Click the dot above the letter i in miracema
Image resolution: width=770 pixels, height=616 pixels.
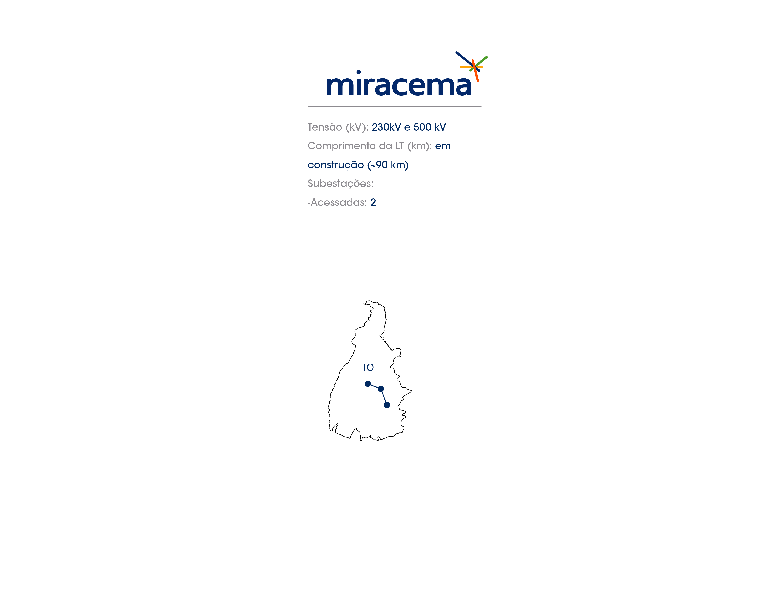click(359, 72)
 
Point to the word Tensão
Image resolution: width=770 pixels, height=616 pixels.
click(325, 127)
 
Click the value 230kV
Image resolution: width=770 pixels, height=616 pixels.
click(386, 127)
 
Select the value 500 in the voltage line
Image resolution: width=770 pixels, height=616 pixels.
click(422, 127)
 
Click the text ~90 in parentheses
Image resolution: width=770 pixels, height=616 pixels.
click(379, 165)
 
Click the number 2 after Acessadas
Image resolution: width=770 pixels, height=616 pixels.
click(373, 202)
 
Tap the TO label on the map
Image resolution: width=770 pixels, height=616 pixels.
click(367, 367)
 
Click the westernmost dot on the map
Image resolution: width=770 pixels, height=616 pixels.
click(368, 384)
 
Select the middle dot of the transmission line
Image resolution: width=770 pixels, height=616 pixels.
click(381, 389)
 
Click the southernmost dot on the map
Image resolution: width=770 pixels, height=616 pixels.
click(387, 405)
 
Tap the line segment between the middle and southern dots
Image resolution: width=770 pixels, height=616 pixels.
click(384, 397)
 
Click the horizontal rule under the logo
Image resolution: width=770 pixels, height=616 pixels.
click(395, 107)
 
